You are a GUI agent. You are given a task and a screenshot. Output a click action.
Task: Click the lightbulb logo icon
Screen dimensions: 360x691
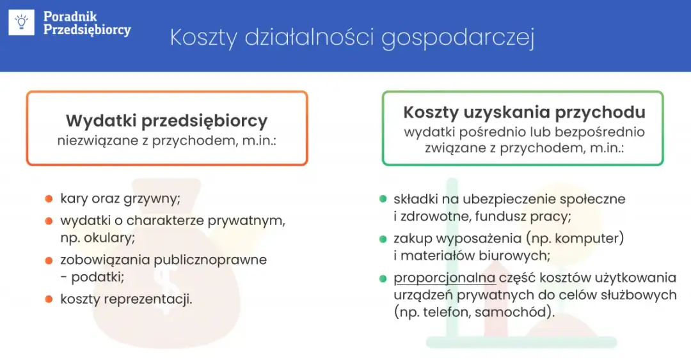tap(21, 22)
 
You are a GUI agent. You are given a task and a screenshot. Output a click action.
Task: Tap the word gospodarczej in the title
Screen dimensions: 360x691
tap(457, 37)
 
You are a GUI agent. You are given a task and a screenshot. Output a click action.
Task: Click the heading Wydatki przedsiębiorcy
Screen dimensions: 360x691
tap(166, 120)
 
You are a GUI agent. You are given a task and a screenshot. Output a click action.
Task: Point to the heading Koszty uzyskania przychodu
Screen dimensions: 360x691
tap(524, 112)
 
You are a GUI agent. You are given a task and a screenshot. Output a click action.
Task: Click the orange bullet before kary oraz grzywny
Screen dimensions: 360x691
tap(49, 199)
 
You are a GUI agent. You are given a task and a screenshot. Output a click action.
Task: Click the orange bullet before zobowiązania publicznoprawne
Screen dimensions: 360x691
tap(49, 260)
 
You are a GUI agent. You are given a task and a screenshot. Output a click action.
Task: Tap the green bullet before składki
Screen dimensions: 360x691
tap(383, 199)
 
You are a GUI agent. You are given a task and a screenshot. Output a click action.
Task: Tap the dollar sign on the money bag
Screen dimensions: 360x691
tap(166, 281)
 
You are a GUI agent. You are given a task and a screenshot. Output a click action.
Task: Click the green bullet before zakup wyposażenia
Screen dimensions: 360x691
tap(383, 239)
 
